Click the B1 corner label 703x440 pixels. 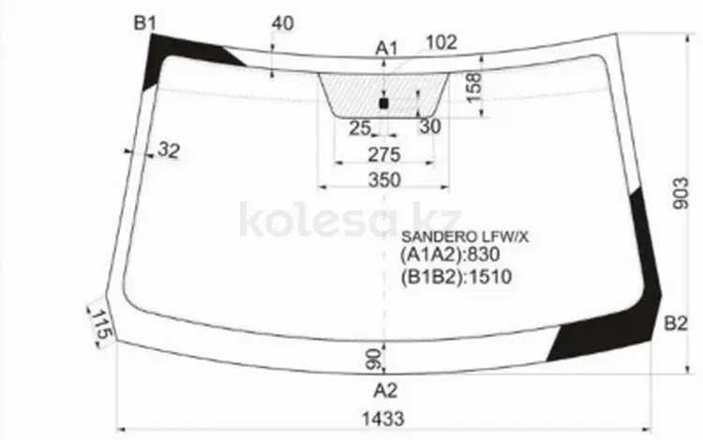point(144,22)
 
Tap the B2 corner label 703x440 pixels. point(675,323)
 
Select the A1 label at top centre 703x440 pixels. point(386,48)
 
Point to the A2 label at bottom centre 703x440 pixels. point(385,390)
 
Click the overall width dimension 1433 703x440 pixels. point(383,419)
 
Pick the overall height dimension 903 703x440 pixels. point(681,194)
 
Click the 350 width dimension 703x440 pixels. point(384,180)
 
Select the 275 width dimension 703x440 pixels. point(384,154)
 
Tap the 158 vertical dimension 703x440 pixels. point(473,88)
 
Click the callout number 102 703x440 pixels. point(441,42)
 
